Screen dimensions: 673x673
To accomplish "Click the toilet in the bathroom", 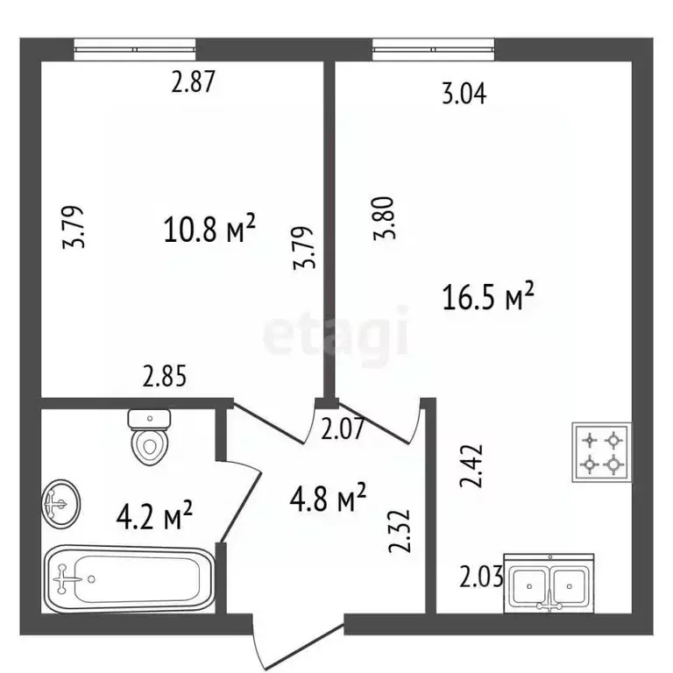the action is click(x=149, y=437).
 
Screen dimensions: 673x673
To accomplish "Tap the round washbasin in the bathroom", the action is click(x=61, y=504).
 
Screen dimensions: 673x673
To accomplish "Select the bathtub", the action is click(x=129, y=578).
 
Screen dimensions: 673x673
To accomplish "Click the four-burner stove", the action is click(x=601, y=452).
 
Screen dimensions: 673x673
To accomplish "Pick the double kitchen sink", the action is click(x=549, y=584).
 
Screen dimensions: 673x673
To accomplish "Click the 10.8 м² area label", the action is click(x=209, y=228).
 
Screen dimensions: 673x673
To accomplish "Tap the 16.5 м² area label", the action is click(x=488, y=295).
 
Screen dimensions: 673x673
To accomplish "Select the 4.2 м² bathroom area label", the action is click(x=154, y=514).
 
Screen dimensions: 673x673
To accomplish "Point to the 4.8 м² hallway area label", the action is click(x=328, y=498).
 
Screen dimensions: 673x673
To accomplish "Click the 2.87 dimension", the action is click(x=193, y=81).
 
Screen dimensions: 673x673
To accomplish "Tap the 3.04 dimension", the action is click(x=464, y=94).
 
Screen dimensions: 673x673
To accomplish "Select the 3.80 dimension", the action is click(x=384, y=218).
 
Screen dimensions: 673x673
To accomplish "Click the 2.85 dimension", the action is click(x=165, y=376).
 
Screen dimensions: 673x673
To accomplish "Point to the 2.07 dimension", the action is click(x=343, y=429).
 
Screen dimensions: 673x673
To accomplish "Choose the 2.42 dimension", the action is click(x=471, y=465).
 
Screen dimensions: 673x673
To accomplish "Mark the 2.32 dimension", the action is click(x=400, y=531).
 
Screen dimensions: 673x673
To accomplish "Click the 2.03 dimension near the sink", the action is click(x=482, y=577).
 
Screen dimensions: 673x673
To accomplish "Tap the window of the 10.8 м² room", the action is click(x=135, y=49).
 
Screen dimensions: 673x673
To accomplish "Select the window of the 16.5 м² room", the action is click(x=434, y=49).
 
